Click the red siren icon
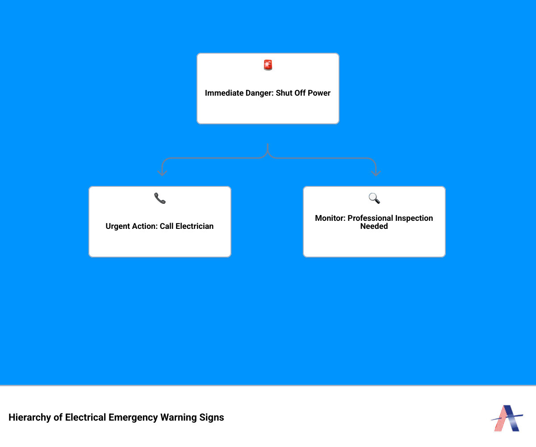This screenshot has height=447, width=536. (268, 65)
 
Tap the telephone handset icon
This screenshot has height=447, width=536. (160, 198)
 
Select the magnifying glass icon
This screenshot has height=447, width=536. (374, 198)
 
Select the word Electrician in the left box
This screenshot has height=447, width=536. (194, 226)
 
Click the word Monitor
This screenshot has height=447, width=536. (330, 218)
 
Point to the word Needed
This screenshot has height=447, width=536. (374, 226)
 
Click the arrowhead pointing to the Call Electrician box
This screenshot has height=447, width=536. (162, 173)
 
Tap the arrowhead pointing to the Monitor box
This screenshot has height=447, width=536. (376, 173)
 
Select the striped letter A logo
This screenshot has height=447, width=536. (507, 418)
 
